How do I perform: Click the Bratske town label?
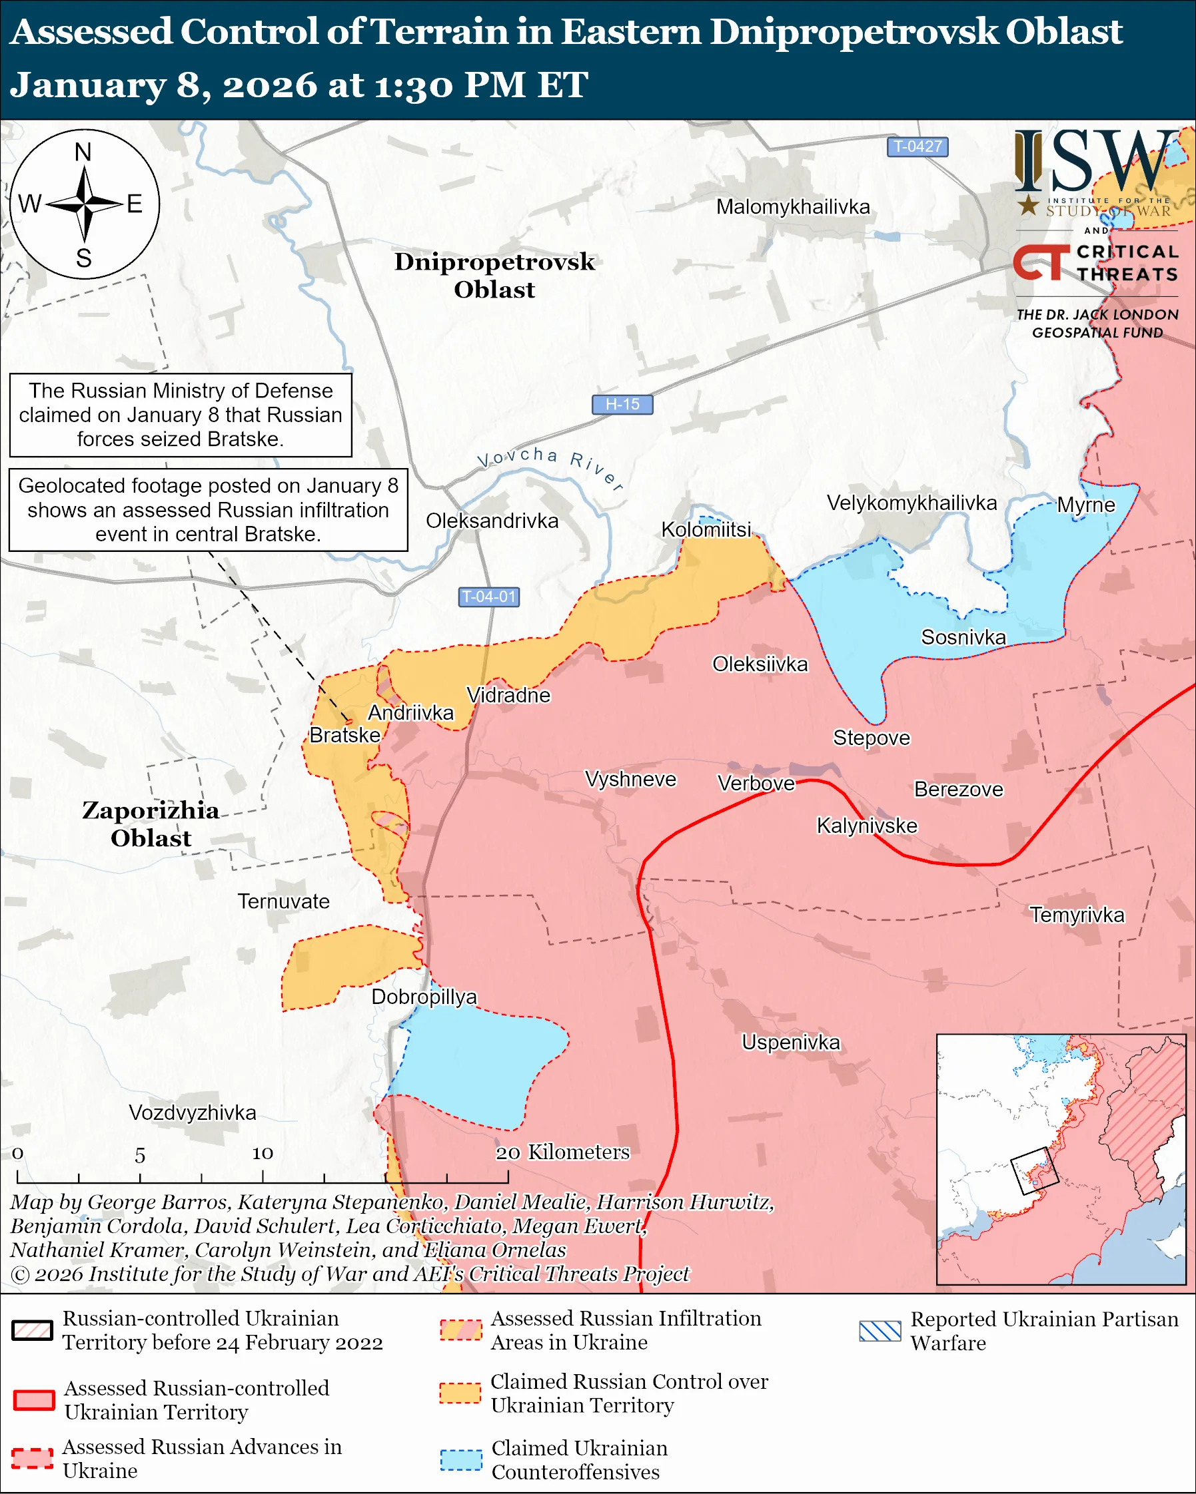click(x=344, y=734)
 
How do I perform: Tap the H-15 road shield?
click(x=622, y=404)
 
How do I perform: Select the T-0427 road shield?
click(x=917, y=147)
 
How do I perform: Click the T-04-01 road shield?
click(x=489, y=597)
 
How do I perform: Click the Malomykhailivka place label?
click(x=792, y=207)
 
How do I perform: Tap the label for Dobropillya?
click(x=424, y=997)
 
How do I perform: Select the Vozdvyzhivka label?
click(x=192, y=1113)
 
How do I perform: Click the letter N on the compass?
click(x=83, y=152)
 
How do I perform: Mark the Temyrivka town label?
click(x=1076, y=915)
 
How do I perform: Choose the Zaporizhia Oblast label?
click(x=151, y=824)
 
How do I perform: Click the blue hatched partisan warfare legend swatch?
click(x=880, y=1331)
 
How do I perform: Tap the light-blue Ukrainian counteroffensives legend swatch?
click(x=461, y=1459)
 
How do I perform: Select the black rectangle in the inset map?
click(x=1035, y=1171)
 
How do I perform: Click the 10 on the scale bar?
click(x=262, y=1153)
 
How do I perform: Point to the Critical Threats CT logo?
click(x=1041, y=262)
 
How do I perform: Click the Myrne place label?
click(x=1085, y=505)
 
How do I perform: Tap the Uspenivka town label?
click(x=790, y=1042)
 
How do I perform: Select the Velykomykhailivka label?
click(x=911, y=503)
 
